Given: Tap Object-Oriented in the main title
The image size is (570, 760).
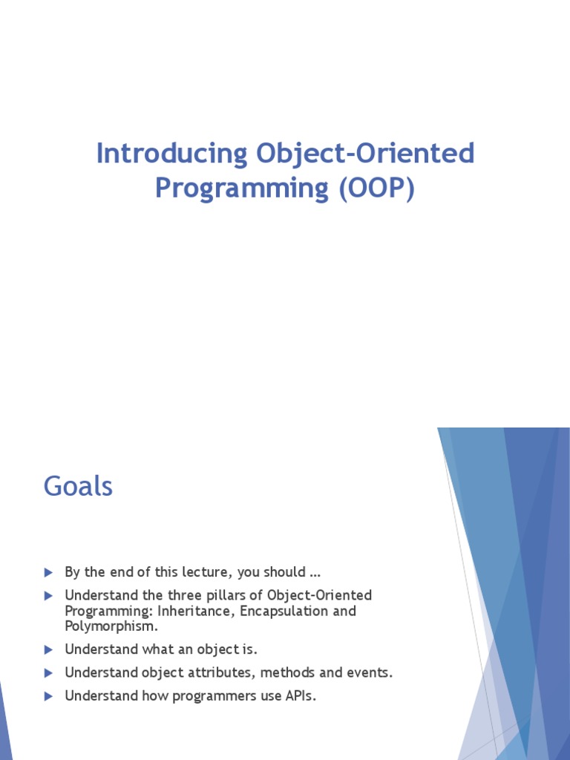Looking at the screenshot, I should pyautogui.click(x=365, y=154).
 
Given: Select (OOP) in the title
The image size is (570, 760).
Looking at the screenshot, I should pyautogui.click(x=376, y=188).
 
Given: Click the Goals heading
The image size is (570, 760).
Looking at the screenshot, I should pyautogui.click(x=78, y=487).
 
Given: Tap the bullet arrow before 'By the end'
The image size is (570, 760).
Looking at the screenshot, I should pyautogui.click(x=49, y=572).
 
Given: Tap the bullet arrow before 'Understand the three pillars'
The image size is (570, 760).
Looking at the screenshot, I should pyautogui.click(x=49, y=595).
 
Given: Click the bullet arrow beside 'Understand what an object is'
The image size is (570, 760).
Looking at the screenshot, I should pyautogui.click(x=49, y=649).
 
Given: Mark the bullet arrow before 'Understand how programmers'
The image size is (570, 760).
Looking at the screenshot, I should pyautogui.click(x=49, y=696).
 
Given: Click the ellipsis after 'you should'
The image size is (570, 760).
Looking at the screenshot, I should pyautogui.click(x=315, y=573).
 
